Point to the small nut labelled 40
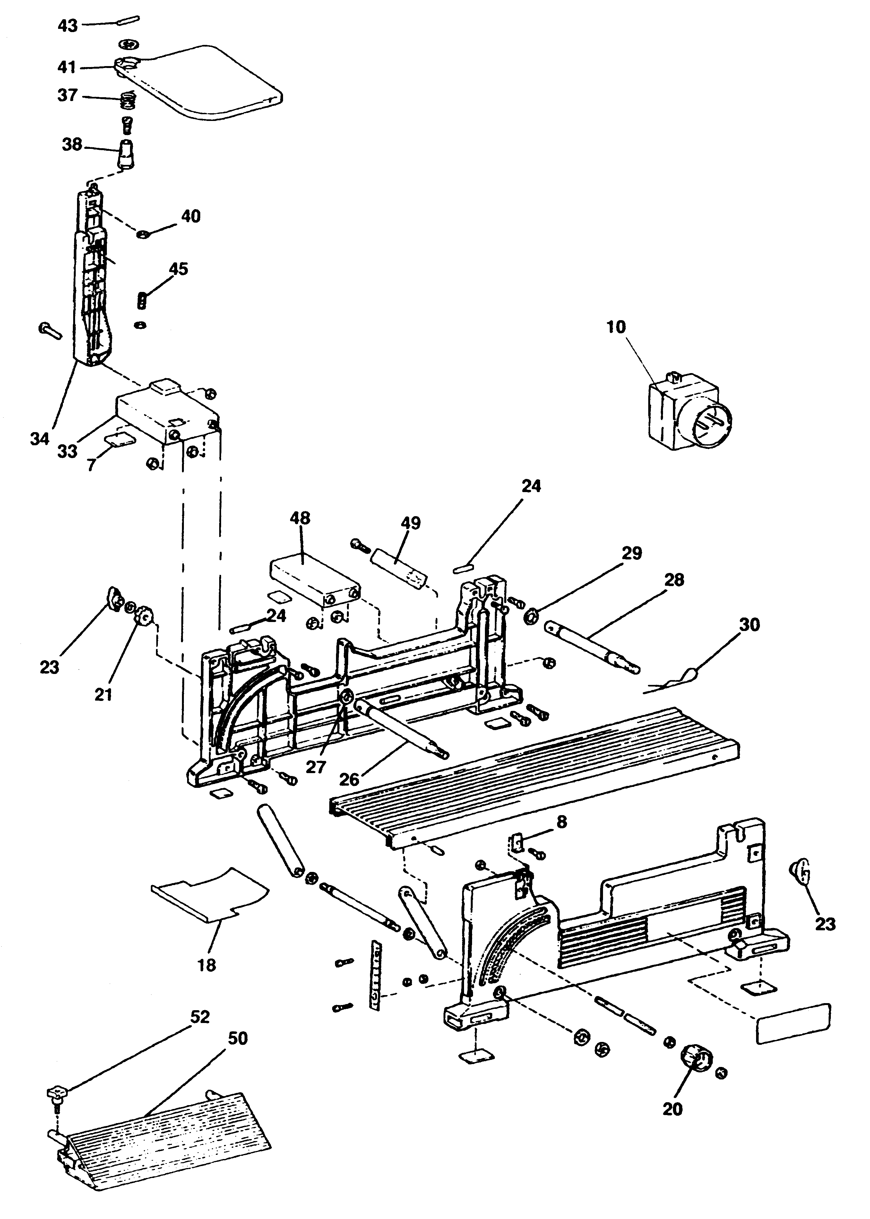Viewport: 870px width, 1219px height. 143,234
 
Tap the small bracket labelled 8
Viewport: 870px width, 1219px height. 516,843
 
